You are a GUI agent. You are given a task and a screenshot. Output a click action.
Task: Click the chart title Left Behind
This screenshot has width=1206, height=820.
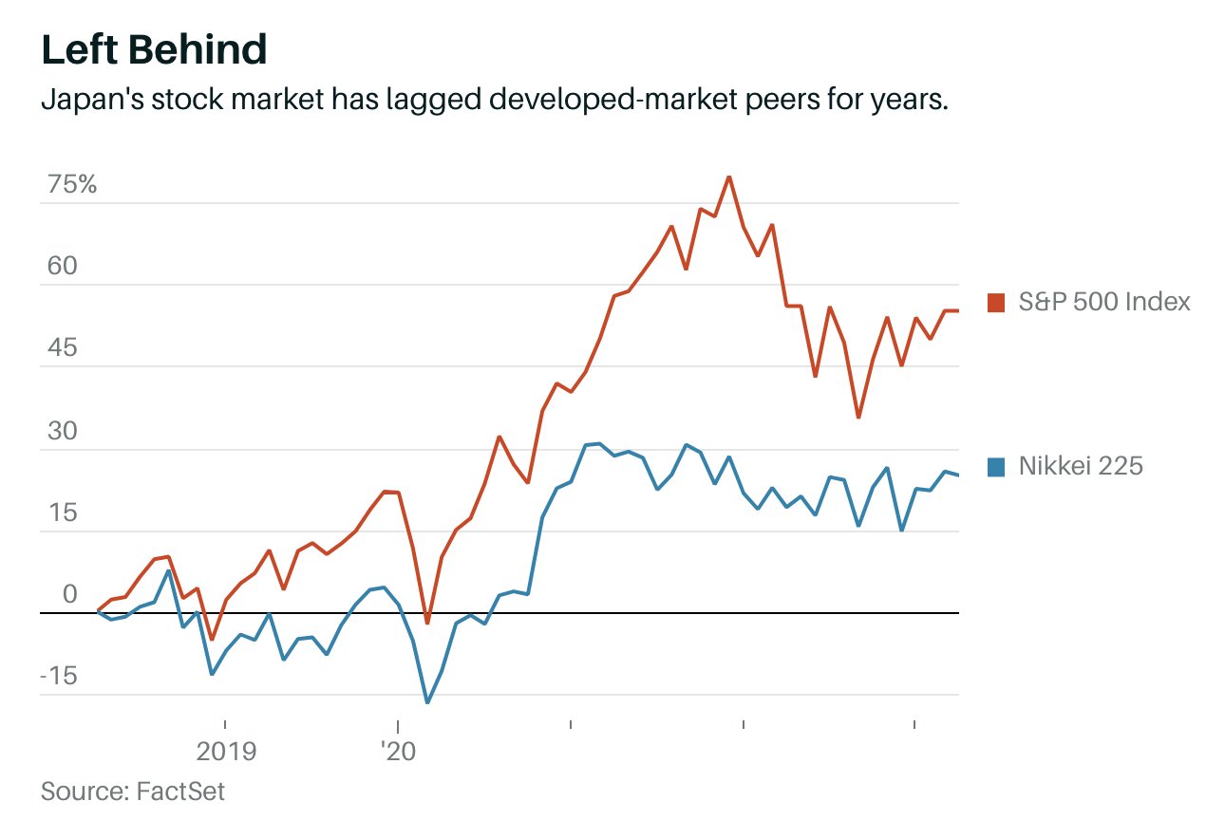(x=153, y=49)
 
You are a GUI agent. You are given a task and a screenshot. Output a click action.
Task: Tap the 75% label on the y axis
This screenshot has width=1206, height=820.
(x=72, y=184)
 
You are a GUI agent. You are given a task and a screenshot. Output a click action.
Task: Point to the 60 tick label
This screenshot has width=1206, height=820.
(x=61, y=267)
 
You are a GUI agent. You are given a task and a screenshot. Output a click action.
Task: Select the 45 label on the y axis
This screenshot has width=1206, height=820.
(x=61, y=348)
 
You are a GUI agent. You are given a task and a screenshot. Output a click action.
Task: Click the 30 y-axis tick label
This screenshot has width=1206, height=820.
(x=61, y=431)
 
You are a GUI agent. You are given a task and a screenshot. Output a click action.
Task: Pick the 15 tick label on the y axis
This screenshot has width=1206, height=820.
(x=61, y=512)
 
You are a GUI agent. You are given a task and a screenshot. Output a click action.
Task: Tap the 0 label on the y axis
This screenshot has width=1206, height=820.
(x=68, y=595)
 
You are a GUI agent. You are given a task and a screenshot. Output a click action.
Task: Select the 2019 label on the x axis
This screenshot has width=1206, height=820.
(x=226, y=753)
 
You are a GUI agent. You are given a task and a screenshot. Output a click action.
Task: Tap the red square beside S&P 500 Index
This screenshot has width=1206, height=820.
(x=996, y=303)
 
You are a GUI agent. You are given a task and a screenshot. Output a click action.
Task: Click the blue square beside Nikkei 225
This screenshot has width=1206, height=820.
(x=996, y=466)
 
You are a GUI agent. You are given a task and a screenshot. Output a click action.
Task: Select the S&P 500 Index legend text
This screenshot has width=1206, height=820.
(x=1104, y=303)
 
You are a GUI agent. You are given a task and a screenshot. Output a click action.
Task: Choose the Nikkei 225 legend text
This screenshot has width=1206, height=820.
(x=1081, y=466)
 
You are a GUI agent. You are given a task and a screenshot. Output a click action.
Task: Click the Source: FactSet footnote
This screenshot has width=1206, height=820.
(x=133, y=791)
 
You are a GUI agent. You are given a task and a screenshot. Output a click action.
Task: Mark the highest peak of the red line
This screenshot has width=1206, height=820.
(x=728, y=177)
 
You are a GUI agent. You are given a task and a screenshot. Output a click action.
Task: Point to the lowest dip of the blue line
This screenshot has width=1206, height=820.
(x=427, y=702)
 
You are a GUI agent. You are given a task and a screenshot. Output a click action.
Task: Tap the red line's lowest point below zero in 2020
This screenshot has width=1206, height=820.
(x=427, y=623)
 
